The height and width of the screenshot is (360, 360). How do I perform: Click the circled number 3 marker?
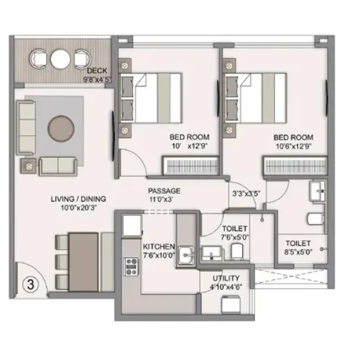tap(29, 285)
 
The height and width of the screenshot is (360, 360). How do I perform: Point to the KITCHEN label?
tap(158, 247)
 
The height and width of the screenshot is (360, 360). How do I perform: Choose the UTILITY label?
tap(225, 278)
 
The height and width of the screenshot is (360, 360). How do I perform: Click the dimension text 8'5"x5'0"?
tap(297, 249)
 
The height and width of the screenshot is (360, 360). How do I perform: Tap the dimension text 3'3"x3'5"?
tap(247, 194)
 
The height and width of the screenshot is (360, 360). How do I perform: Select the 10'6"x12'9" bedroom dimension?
tap(293, 146)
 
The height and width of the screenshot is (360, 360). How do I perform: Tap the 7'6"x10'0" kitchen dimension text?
tap(158, 256)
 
